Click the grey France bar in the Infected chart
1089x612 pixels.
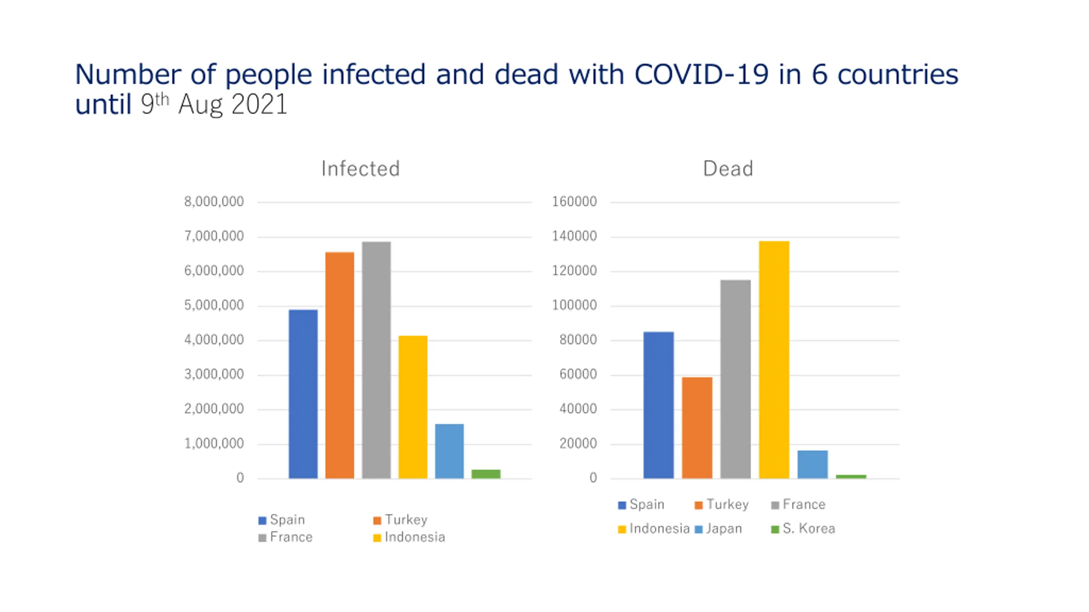pos(376,360)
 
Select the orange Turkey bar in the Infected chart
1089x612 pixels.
pos(339,365)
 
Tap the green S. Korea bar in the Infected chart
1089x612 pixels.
pos(486,473)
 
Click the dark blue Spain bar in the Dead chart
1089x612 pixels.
pos(658,405)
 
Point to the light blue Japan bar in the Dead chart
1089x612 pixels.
pos(812,464)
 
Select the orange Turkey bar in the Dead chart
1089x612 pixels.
pos(697,428)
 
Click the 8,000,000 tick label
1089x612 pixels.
pos(214,201)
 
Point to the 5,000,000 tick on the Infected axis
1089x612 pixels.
pos(214,305)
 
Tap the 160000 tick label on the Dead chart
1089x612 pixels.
pos(574,201)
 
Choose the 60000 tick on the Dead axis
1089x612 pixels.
pos(578,374)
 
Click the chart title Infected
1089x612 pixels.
pos(360,168)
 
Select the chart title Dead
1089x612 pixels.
pos(728,168)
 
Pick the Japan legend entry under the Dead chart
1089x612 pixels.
pos(719,529)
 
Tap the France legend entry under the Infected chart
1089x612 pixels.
pos(286,537)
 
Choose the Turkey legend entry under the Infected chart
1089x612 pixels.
pos(401,520)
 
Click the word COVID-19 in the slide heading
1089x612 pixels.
pos(701,74)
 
